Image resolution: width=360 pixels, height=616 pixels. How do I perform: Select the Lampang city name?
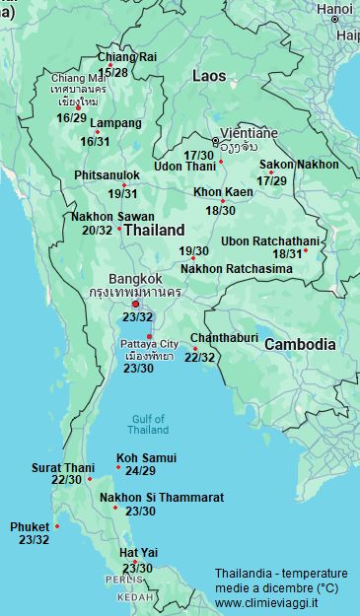coord(115,124)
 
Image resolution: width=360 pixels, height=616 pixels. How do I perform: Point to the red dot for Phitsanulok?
coord(124,185)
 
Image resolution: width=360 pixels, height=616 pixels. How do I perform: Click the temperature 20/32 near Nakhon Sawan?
coord(97,230)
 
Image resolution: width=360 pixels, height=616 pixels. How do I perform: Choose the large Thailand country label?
coord(154,230)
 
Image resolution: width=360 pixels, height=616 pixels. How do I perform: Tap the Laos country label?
coord(209,75)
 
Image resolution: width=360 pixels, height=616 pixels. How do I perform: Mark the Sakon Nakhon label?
coord(298,165)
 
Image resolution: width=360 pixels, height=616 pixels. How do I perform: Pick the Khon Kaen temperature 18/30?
coord(220,210)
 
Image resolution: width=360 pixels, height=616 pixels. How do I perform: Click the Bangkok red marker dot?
coord(136,304)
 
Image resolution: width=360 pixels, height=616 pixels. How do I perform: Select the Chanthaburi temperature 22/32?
coord(199,357)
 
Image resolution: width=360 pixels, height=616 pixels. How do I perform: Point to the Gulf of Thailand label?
coord(149,424)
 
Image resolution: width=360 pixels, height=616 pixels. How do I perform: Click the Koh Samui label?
coord(146,458)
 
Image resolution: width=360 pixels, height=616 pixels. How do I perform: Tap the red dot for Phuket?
coord(57,525)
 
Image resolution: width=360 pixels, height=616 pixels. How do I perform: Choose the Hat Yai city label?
coord(138,553)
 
